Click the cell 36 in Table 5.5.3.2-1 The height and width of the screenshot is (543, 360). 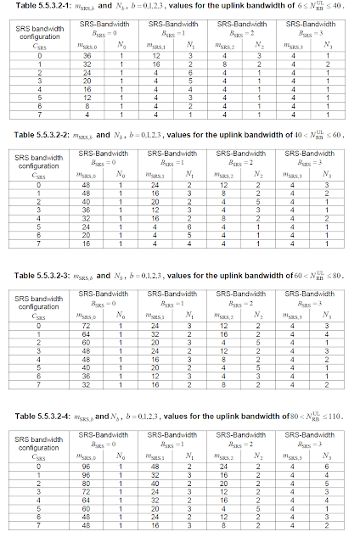87,56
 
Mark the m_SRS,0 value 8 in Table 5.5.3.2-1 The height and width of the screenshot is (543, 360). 87,106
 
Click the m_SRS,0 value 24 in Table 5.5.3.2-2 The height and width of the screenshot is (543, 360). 87,225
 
